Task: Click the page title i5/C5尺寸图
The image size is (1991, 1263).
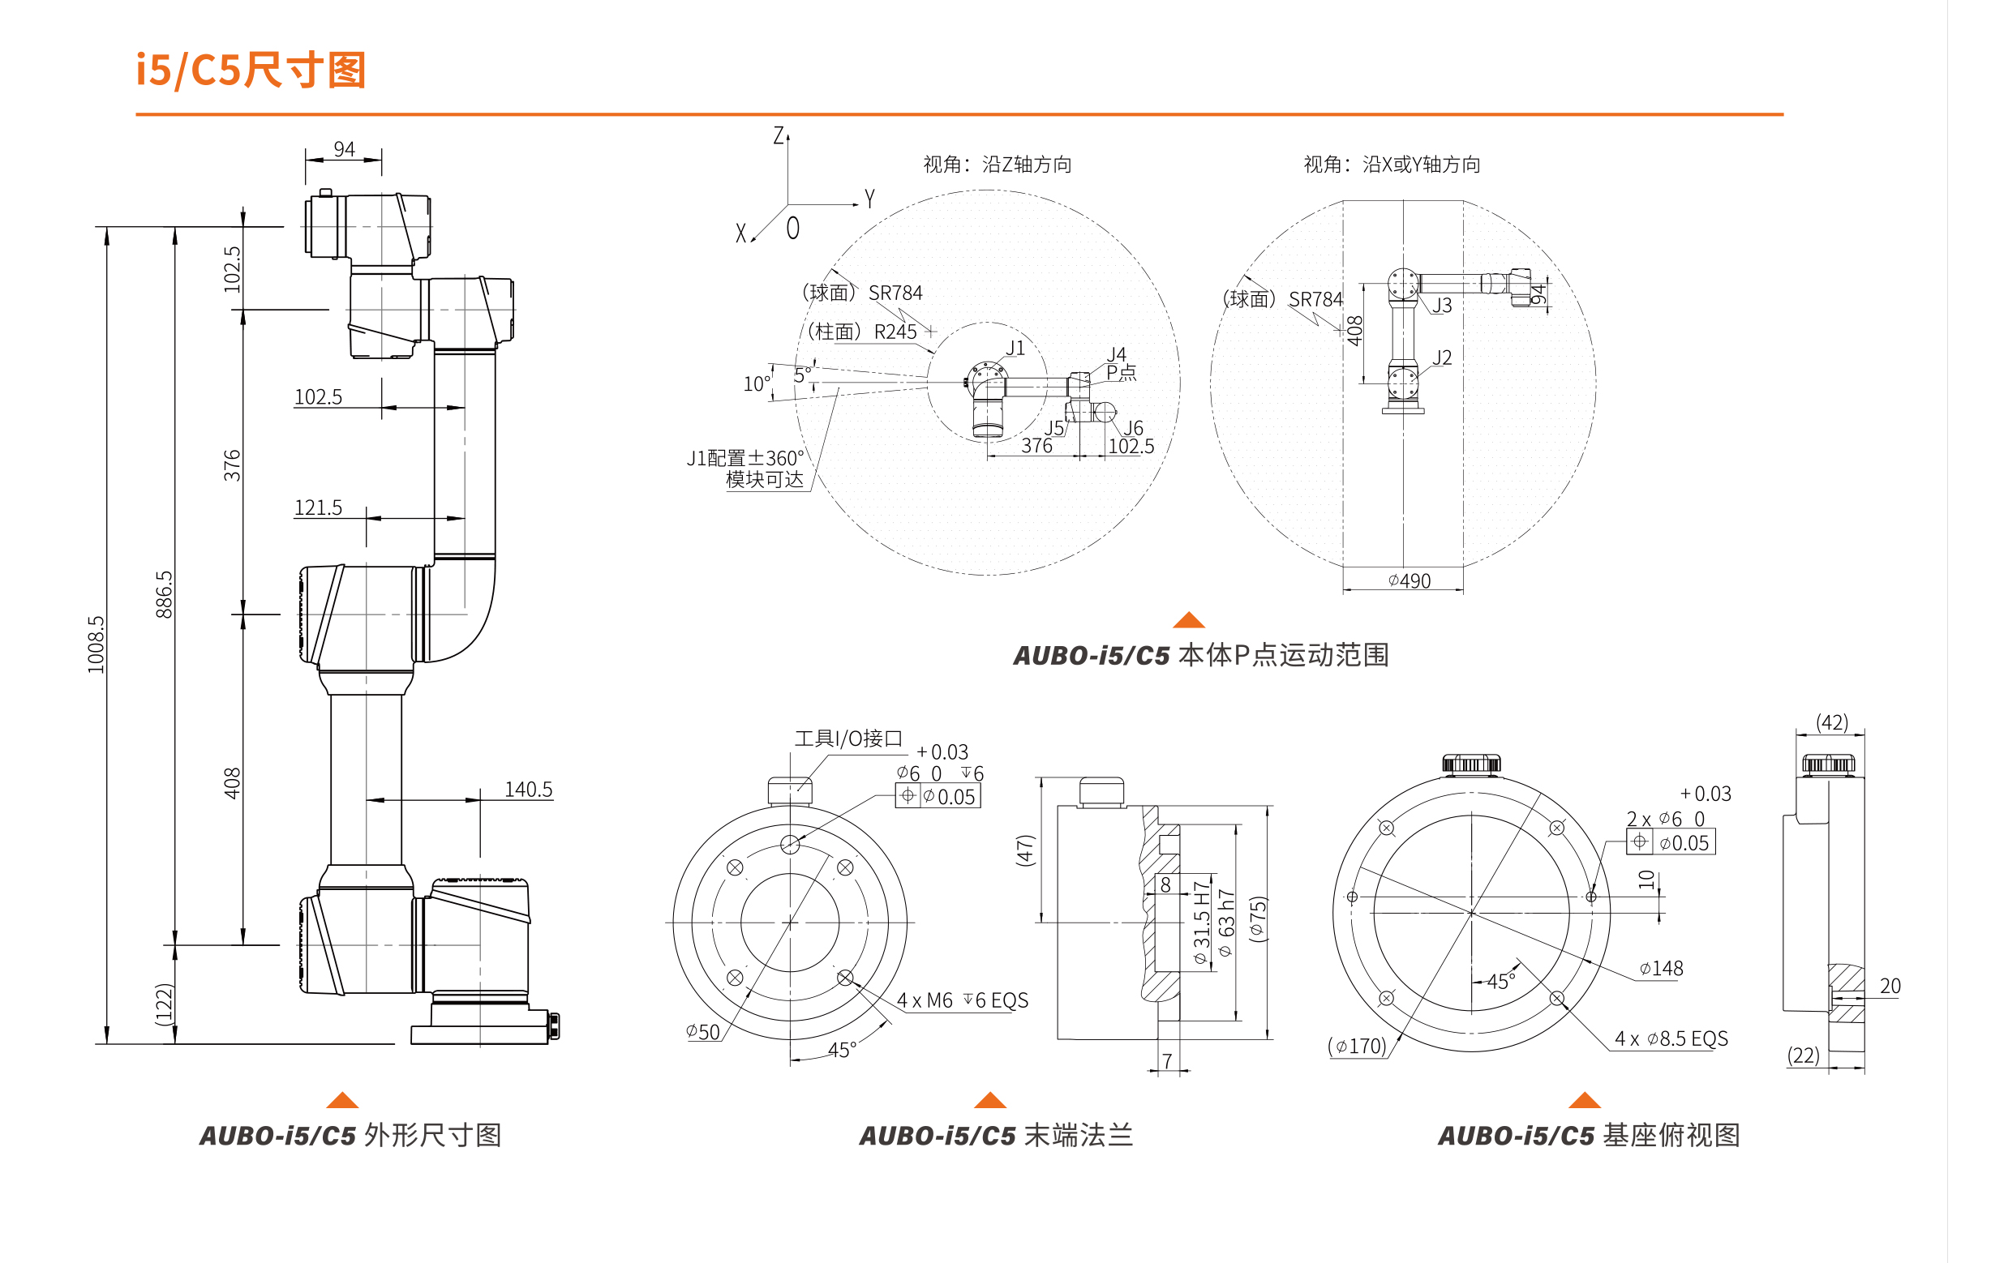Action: [x=251, y=71]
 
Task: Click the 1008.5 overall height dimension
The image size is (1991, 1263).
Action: [x=97, y=644]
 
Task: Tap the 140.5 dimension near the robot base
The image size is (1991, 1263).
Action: [x=528, y=790]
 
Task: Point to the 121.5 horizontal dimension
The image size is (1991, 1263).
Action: [x=319, y=507]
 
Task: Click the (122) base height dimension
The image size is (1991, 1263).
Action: [x=165, y=1005]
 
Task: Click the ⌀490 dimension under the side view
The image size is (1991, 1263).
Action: [x=1409, y=581]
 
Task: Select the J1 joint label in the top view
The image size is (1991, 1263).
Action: [x=1015, y=348]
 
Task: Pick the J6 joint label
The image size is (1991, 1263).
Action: [x=1133, y=427]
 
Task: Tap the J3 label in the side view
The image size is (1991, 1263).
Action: [x=1442, y=305]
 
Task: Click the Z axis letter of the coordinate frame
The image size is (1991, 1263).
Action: [x=778, y=135]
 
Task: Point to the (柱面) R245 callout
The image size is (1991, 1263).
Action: [x=862, y=332]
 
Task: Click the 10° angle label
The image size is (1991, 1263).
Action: [x=757, y=383]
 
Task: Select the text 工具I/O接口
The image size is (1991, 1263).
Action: [x=848, y=739]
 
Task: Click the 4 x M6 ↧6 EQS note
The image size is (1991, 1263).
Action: [x=963, y=1000]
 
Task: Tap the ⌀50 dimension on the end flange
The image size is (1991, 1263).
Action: [x=703, y=1032]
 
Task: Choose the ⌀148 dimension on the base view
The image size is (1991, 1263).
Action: [x=1661, y=968]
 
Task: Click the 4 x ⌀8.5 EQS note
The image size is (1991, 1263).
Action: [x=1671, y=1038]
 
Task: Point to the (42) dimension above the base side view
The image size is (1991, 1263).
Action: [x=1831, y=722]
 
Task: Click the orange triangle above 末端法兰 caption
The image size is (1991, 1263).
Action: [x=989, y=1099]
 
